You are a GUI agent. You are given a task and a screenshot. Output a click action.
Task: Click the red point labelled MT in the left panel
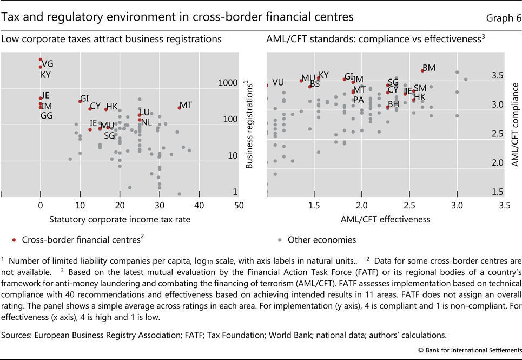[180, 108]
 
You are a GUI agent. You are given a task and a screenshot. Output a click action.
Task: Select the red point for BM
[422, 70]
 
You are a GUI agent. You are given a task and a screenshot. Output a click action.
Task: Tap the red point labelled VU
[267, 85]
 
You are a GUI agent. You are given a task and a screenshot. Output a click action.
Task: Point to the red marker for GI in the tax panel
[80, 101]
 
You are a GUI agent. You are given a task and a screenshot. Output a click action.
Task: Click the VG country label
[48, 63]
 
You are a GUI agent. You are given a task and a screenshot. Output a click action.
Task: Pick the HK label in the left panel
[111, 106]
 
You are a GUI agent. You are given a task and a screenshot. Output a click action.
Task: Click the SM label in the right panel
[420, 88]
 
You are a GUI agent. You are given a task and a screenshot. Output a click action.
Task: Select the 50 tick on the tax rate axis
[239, 206]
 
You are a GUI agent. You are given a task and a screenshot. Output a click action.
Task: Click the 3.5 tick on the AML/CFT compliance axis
[497, 75]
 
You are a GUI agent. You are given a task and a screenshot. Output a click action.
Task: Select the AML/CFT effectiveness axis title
[385, 219]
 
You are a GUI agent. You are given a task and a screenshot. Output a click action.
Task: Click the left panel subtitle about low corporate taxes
[111, 39]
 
